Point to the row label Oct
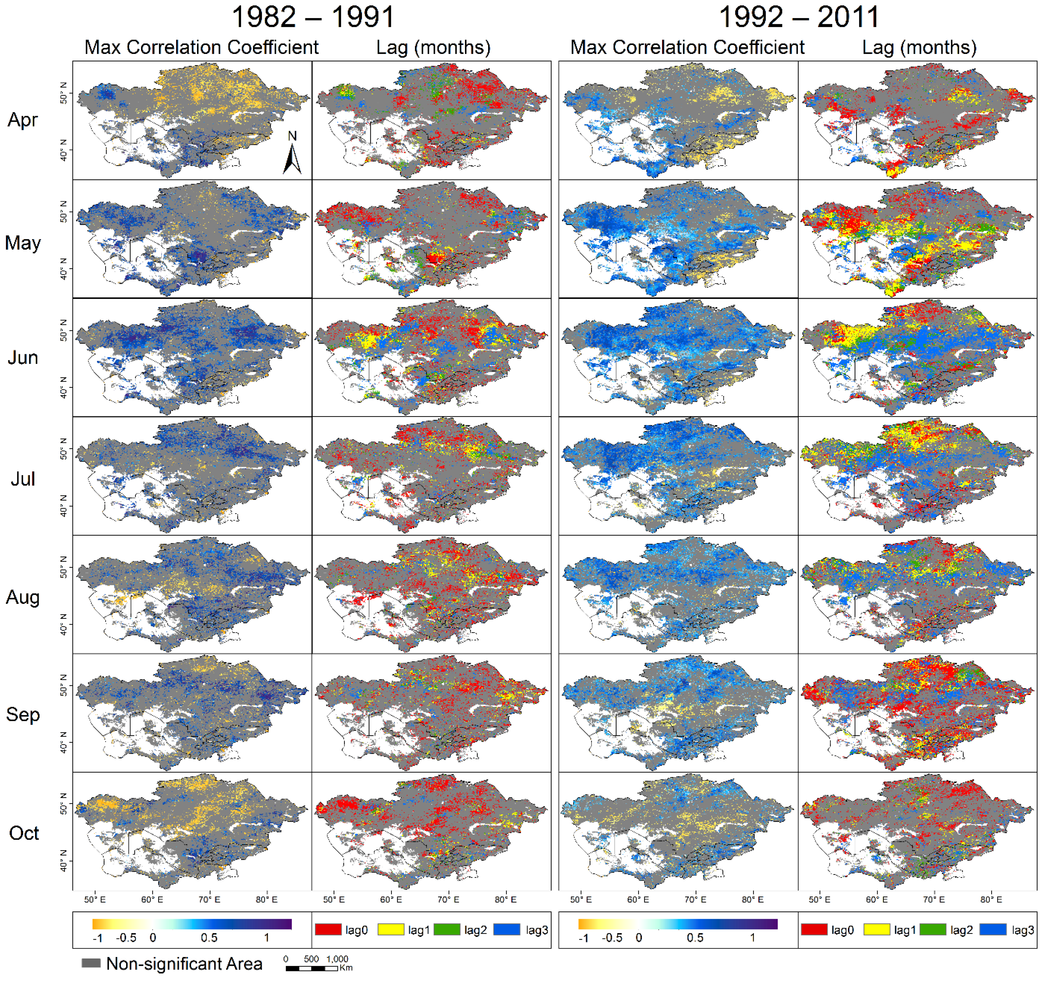(24, 833)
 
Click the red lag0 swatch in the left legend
(328, 930)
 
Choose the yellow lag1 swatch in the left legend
(391, 930)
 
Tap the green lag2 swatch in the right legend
(933, 930)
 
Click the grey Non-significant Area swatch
(91, 963)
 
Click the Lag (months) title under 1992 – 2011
(919, 47)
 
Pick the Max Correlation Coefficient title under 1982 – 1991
(201, 47)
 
